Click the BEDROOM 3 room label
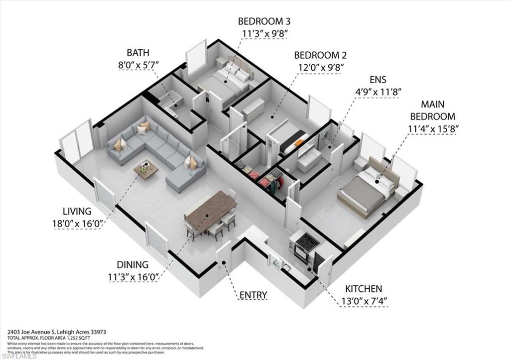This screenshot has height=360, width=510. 264,21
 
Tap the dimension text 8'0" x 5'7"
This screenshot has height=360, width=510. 138,64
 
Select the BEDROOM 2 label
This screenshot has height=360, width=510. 320,55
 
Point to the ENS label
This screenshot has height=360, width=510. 378,80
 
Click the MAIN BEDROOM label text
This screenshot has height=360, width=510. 432,111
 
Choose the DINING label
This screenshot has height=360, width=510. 132,265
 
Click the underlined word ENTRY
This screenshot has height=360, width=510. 253,295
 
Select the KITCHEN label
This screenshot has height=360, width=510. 364,289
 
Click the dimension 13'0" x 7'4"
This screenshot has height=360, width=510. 364,301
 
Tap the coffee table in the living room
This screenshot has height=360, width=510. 146,170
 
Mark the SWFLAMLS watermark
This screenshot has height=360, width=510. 17,355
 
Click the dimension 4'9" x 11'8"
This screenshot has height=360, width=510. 378,92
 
